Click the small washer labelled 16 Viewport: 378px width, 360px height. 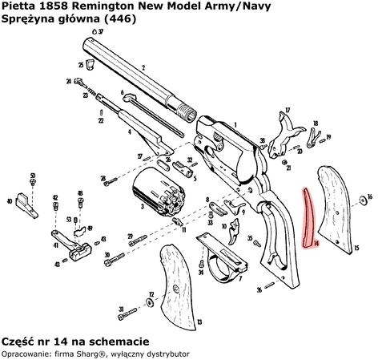[x=360, y=196]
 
